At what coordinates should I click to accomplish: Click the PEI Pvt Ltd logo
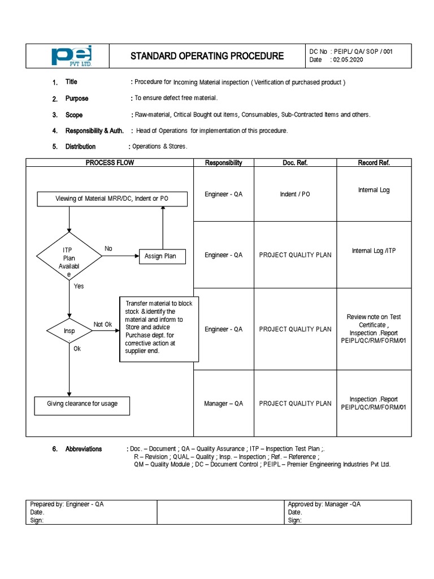(x=71, y=56)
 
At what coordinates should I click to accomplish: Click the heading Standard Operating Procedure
(x=207, y=56)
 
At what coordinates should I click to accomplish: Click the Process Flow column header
(x=110, y=163)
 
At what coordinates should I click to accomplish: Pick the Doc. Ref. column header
(x=295, y=163)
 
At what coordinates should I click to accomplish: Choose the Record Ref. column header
(x=374, y=163)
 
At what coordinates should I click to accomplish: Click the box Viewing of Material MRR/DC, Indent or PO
(x=111, y=199)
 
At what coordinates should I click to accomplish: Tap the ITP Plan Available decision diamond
(x=69, y=256)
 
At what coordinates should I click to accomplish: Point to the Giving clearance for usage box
(x=83, y=405)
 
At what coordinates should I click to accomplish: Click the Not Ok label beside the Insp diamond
(x=103, y=324)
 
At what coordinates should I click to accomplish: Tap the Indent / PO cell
(x=295, y=194)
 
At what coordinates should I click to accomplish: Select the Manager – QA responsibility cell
(x=223, y=403)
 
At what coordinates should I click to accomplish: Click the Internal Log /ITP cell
(x=374, y=250)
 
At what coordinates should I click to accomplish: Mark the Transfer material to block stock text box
(x=159, y=327)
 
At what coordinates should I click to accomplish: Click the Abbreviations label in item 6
(x=84, y=449)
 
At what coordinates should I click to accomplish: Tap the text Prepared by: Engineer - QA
(x=67, y=504)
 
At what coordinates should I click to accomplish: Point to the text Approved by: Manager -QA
(x=324, y=504)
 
